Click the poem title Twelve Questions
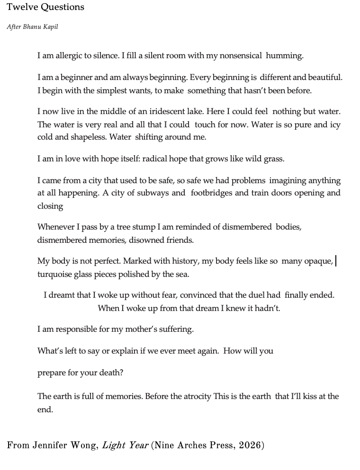(45, 7)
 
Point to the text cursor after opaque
(336, 261)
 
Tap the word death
(112, 373)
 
